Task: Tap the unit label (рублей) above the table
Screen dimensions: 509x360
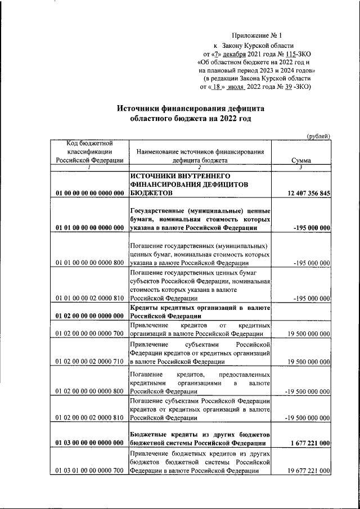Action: click(x=318, y=136)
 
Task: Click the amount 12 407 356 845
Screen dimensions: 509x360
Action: click(x=308, y=193)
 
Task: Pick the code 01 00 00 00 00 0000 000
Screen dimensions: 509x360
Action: click(x=90, y=193)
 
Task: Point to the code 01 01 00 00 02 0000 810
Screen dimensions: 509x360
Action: click(x=90, y=298)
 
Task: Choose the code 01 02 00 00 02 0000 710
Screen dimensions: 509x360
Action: click(x=90, y=362)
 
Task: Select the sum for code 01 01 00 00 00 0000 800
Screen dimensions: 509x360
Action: click(x=311, y=263)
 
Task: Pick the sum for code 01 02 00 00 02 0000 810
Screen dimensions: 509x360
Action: click(x=308, y=418)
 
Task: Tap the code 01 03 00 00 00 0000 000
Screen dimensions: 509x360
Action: click(x=90, y=443)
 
